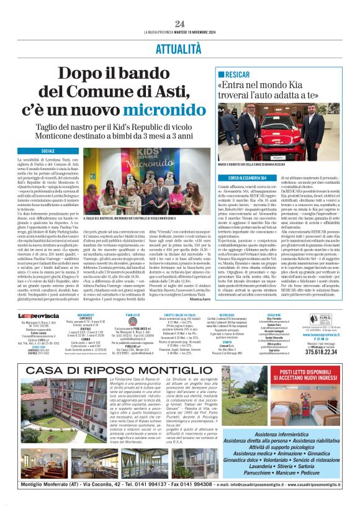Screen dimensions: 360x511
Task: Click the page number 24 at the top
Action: coord(179,23)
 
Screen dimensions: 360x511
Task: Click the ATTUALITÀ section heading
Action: coord(179,48)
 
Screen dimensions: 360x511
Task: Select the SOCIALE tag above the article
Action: coord(48,151)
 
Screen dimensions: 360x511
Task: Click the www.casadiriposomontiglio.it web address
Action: coord(307,501)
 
